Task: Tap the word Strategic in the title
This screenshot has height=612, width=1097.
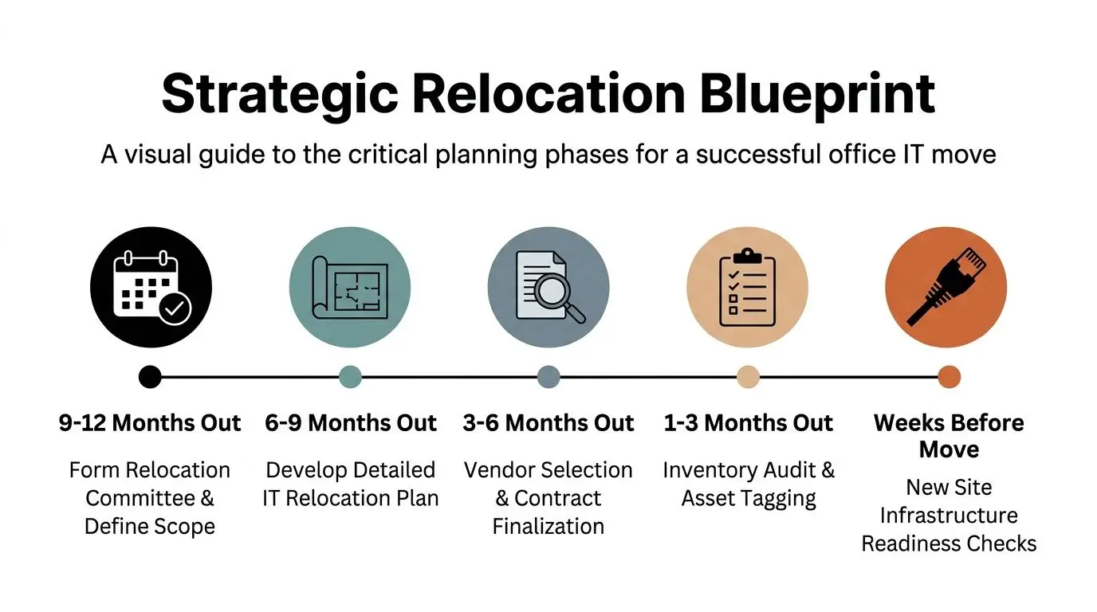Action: [279, 93]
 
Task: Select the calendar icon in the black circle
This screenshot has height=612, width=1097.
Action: [151, 288]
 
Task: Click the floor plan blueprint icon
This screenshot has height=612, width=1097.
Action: [349, 288]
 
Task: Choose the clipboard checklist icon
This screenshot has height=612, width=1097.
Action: [747, 288]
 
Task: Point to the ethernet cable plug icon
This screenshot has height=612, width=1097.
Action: [946, 288]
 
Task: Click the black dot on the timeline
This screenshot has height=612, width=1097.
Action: [150, 377]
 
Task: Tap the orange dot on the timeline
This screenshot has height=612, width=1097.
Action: [949, 377]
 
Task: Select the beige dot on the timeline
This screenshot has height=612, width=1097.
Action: [748, 377]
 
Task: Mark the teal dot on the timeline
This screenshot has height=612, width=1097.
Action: [350, 377]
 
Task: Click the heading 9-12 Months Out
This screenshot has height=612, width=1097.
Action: [150, 423]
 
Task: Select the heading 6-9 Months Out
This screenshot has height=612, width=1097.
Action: [351, 423]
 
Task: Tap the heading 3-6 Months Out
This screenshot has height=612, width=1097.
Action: [548, 423]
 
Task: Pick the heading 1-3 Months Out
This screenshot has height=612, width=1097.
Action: [749, 423]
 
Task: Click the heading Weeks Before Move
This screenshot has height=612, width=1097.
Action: [949, 436]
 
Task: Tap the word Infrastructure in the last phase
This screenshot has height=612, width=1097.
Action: [949, 516]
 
